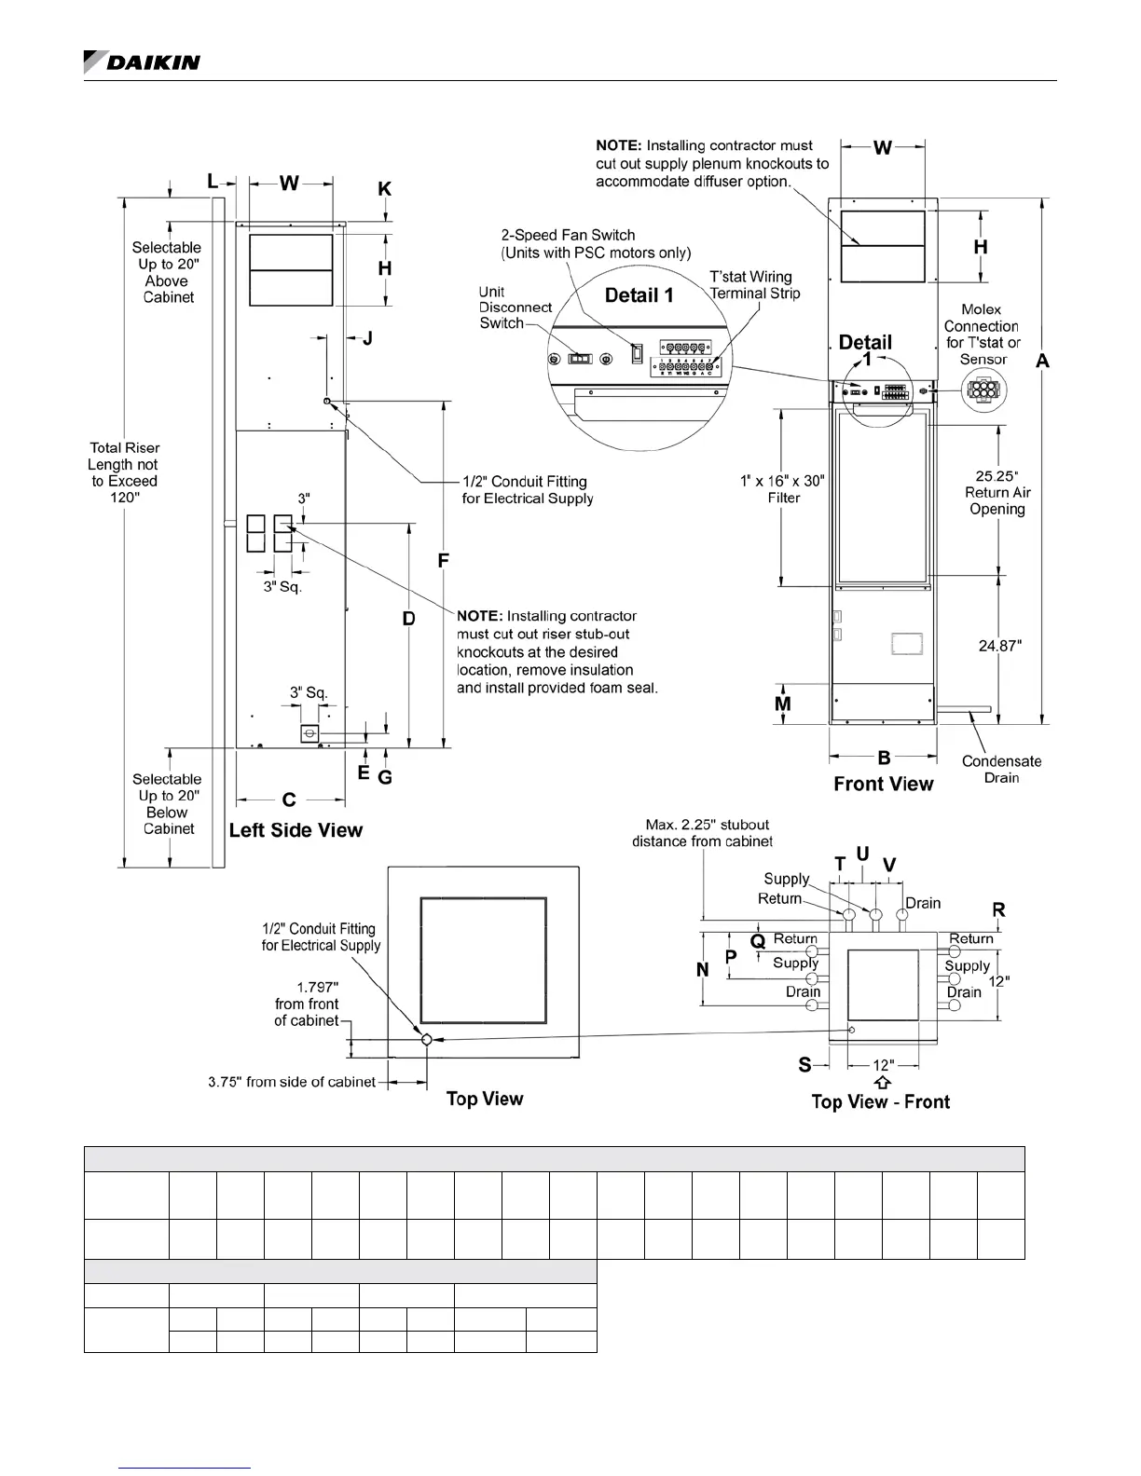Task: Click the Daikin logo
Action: click(x=142, y=61)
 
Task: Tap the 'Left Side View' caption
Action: click(x=296, y=830)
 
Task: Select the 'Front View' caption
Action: click(x=883, y=784)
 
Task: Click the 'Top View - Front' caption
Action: click(x=880, y=1101)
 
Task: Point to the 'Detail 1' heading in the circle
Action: click(x=639, y=295)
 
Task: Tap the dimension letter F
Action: click(x=444, y=561)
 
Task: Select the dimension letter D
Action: click(x=408, y=619)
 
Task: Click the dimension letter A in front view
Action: click(x=1042, y=362)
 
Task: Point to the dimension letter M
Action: click(x=783, y=704)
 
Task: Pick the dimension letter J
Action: click(x=367, y=338)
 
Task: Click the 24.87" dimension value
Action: click(x=999, y=645)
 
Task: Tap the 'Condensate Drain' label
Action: click(x=1001, y=769)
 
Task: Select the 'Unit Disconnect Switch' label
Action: click(x=515, y=307)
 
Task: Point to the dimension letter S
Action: click(x=804, y=1064)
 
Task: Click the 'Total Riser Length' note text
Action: click(x=123, y=472)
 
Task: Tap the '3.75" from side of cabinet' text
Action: click(x=292, y=1082)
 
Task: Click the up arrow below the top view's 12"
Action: click(x=883, y=1082)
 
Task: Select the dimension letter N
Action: click(x=703, y=970)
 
